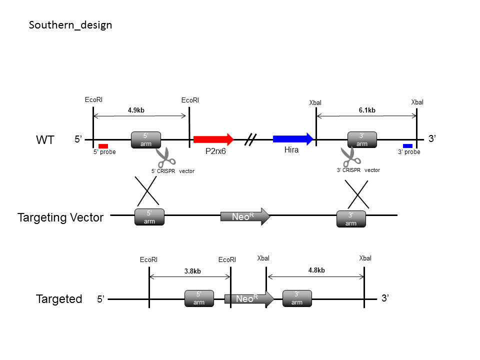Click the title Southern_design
coord(70,25)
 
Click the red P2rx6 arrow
coord(213,139)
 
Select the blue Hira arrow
coord(293,139)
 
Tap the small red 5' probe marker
coord(103,146)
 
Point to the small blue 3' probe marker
coord(408,146)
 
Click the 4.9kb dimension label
coord(136,110)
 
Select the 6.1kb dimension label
coord(367,110)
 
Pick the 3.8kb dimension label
coord(192,271)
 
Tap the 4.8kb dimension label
coord(316,270)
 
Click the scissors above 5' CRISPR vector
coord(165,157)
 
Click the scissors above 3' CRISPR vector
coord(351,156)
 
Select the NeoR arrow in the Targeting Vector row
coord(245,216)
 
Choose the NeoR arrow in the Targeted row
coord(249,299)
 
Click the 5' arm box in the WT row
coord(146,140)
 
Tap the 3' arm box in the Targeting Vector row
coord(351,219)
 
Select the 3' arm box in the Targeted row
coord(297,298)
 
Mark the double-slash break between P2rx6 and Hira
coord(250,139)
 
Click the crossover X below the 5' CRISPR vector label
coord(147,190)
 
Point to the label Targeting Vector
coord(60,217)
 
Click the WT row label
coord(45,140)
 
